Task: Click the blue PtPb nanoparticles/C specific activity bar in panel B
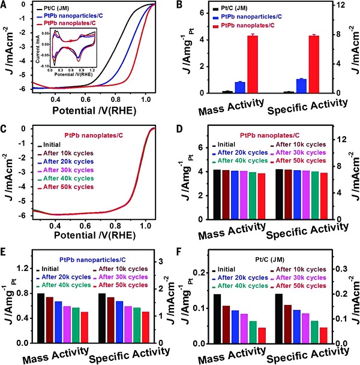click(x=302, y=86)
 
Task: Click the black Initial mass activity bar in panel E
click(x=41, y=318)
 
